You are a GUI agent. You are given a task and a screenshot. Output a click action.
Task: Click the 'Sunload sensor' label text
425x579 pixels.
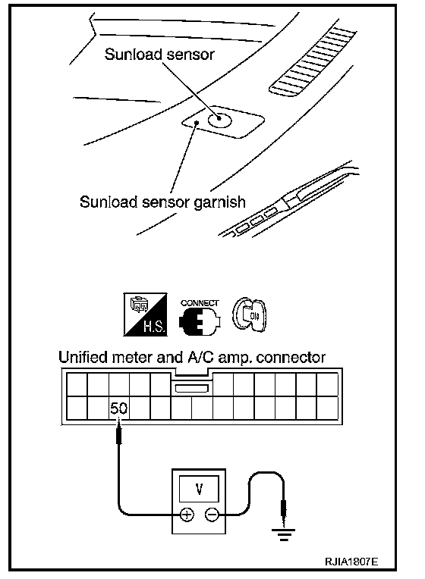[x=159, y=55]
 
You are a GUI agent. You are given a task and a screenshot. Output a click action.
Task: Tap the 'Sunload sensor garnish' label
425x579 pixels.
[x=162, y=202]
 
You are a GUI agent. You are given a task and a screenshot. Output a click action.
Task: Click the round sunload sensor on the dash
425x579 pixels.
[x=219, y=118]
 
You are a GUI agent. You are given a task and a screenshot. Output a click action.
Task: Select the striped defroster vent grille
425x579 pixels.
[x=313, y=61]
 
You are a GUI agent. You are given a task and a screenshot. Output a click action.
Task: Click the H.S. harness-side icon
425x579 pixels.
[x=145, y=315]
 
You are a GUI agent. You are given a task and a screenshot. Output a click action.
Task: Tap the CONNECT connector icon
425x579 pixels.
[x=200, y=317]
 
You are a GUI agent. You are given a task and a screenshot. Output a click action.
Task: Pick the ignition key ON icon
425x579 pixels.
[x=249, y=314]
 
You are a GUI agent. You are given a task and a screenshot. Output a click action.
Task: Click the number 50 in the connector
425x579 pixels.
[x=118, y=408]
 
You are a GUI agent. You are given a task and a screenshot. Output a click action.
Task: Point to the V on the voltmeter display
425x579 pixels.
[x=199, y=489]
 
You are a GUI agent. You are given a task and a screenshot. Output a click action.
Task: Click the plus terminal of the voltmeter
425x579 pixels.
[x=187, y=515]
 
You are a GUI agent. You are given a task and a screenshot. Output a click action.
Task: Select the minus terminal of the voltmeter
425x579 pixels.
[x=212, y=515]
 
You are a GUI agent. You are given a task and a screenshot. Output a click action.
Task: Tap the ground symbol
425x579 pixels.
[x=283, y=534]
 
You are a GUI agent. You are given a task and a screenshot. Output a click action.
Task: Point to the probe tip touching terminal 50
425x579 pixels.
[x=118, y=421]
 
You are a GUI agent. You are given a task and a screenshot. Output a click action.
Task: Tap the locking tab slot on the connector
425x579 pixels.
[x=191, y=389]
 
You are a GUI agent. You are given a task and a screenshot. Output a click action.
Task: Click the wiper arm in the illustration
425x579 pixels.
[x=288, y=199]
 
